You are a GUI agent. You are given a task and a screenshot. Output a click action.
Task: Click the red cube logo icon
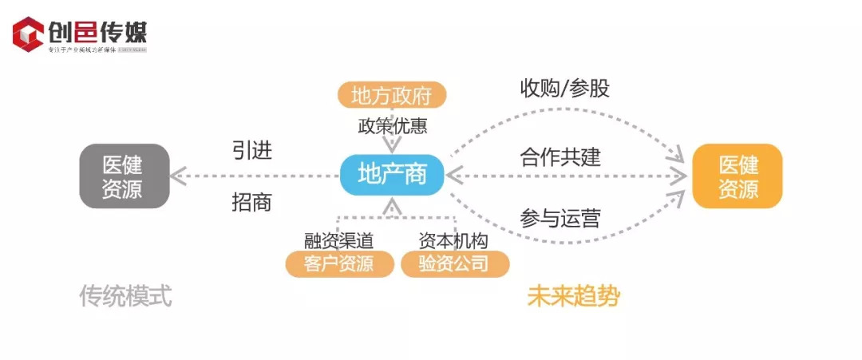pyautogui.click(x=28, y=34)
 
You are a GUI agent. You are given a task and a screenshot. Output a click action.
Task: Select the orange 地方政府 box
pyautogui.click(x=391, y=96)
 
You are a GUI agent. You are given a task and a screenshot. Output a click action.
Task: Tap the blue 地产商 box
pyautogui.click(x=392, y=174)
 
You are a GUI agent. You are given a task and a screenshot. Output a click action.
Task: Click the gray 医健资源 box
pyautogui.click(x=124, y=176)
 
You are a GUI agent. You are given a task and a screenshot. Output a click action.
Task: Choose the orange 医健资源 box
pyautogui.click(x=737, y=176)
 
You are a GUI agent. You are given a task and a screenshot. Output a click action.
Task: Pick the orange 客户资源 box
pyautogui.click(x=339, y=263)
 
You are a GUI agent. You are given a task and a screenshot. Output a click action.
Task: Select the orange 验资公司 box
pyautogui.click(x=454, y=263)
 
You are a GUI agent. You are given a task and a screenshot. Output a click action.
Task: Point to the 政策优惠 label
pyautogui.click(x=391, y=126)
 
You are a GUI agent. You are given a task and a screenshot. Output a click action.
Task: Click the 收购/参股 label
pyautogui.click(x=564, y=88)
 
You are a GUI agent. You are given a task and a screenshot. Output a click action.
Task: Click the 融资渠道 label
pyautogui.click(x=338, y=240)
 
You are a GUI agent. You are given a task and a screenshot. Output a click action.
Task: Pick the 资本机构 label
pyautogui.click(x=453, y=240)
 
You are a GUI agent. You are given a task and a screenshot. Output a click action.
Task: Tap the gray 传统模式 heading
pyautogui.click(x=125, y=296)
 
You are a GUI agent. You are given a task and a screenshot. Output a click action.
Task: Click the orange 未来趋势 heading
pyautogui.click(x=574, y=296)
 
